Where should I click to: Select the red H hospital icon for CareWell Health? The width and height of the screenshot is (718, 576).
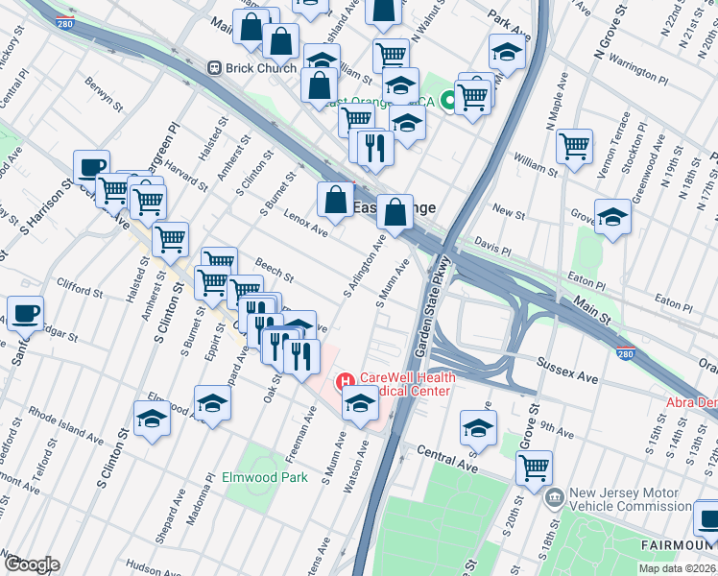345,382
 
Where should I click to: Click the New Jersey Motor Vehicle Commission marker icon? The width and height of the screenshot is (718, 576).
555,498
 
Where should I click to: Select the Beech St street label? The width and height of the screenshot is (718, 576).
275,270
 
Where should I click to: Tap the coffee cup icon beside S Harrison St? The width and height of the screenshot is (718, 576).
90,167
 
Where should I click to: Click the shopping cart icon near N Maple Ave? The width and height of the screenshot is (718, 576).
574,146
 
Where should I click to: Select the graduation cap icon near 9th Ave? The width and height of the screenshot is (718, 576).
478,426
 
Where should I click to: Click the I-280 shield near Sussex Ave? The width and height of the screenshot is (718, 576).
625,354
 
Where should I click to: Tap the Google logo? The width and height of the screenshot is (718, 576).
31,564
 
